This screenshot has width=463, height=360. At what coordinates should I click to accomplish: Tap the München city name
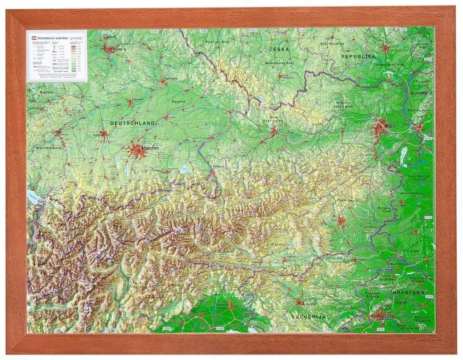150,148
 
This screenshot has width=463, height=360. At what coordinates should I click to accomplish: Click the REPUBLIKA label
358,56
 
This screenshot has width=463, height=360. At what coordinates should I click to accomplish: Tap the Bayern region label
179,102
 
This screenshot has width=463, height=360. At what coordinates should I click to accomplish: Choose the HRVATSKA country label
408,293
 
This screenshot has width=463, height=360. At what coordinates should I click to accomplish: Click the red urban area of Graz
342,221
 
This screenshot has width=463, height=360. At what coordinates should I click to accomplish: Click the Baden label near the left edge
46,92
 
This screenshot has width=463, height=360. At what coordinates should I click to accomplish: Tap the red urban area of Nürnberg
109,49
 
